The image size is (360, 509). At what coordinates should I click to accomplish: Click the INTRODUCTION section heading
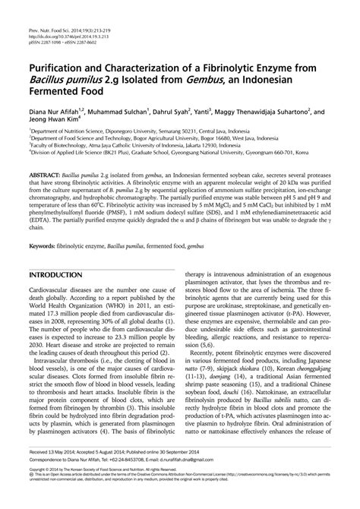[57, 273]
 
